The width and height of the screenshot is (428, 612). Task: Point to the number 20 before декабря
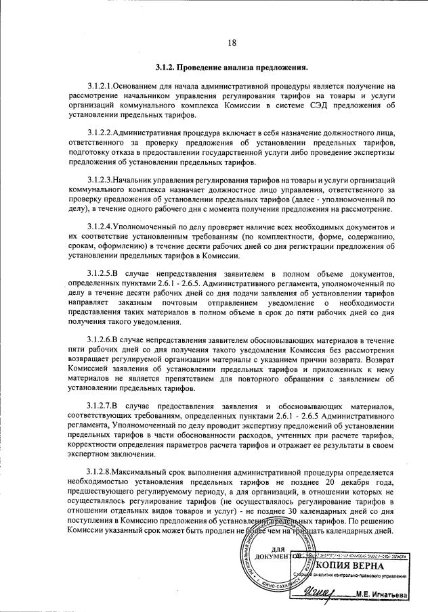coord(330,483)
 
